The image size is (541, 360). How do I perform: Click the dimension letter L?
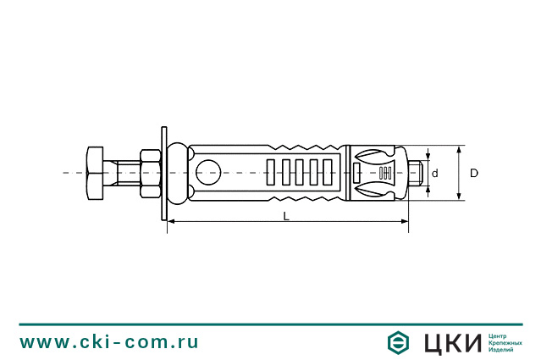(286, 216)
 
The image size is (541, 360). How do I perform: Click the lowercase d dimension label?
(434, 174)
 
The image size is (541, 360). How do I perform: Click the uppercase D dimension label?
(474, 174)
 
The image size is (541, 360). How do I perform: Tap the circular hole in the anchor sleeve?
(208, 173)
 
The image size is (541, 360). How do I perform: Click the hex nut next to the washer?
(149, 173)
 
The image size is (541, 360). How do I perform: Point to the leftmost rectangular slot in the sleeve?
(271, 173)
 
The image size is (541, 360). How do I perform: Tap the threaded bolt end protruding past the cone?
(415, 173)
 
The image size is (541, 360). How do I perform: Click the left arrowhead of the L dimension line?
(172, 223)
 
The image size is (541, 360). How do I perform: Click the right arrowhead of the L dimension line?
(405, 223)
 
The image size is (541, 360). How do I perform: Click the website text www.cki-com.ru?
(109, 342)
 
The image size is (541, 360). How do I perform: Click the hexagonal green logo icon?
(398, 342)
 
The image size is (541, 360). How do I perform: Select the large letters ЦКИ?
(451, 342)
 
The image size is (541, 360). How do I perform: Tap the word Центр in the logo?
(500, 335)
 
